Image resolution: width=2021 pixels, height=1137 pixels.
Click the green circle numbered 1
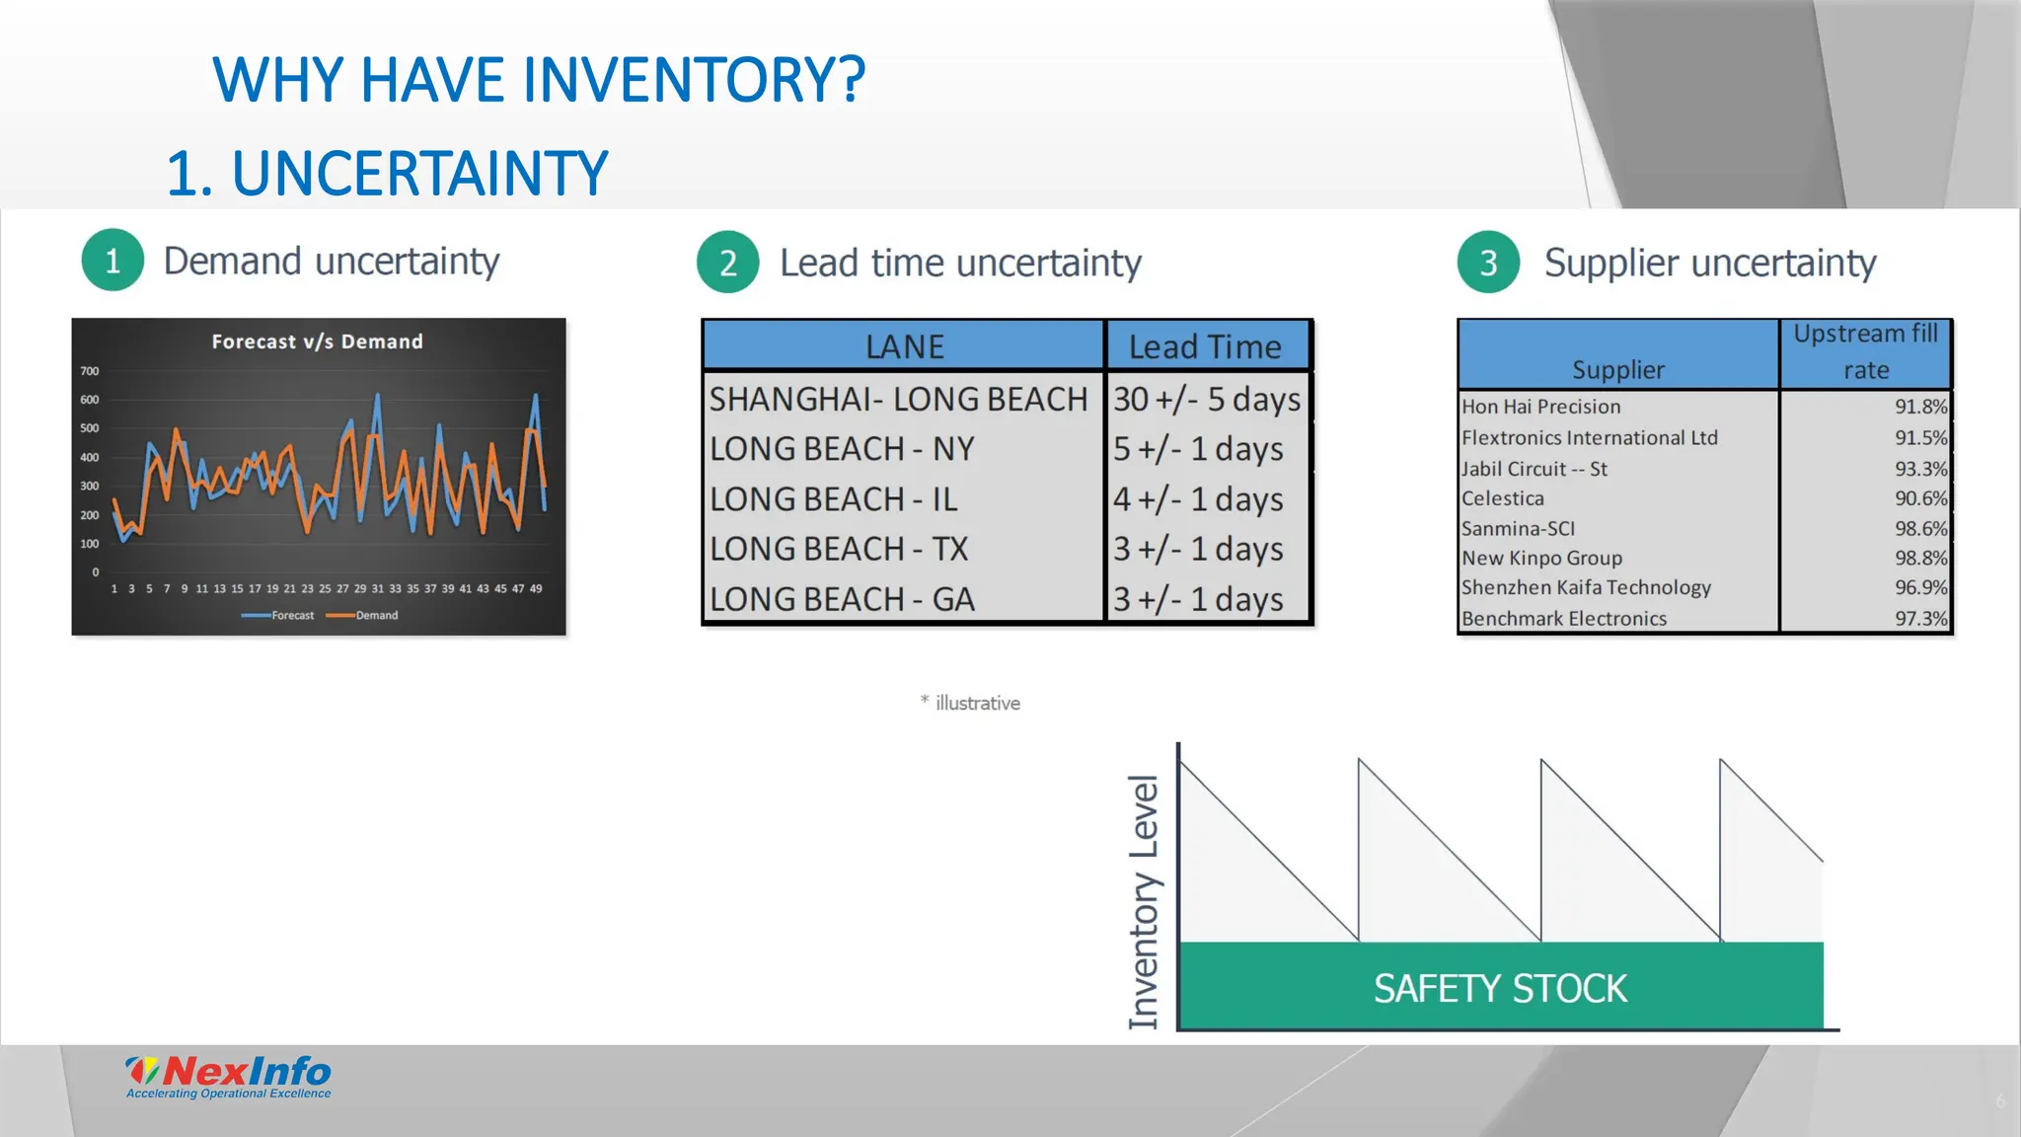pos(112,261)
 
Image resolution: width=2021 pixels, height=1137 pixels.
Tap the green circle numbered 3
pos(1488,263)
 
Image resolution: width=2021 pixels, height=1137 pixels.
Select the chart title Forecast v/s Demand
pos(317,341)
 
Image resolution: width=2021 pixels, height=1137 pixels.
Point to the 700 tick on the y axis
pos(90,371)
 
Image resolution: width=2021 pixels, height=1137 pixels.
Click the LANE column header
pos(904,346)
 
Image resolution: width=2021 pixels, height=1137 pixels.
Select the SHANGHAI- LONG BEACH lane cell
pos(898,399)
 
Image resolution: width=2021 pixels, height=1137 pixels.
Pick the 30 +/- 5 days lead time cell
pos(1207,399)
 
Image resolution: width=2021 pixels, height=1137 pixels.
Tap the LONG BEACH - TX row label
pos(839,549)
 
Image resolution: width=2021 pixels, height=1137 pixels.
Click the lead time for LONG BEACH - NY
pos(1198,449)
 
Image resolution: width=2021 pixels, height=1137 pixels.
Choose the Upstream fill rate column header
pos(1865,351)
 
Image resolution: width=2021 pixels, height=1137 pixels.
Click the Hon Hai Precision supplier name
pos(1540,407)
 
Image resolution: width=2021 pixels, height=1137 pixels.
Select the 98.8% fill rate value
pos(1919,558)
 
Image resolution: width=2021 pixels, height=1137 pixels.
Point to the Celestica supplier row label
pos(1503,498)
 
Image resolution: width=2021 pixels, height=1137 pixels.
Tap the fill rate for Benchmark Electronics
pos(1919,619)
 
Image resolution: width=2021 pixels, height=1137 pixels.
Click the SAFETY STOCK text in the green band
pos(1500,988)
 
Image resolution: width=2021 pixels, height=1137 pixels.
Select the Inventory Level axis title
pos(1144,902)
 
